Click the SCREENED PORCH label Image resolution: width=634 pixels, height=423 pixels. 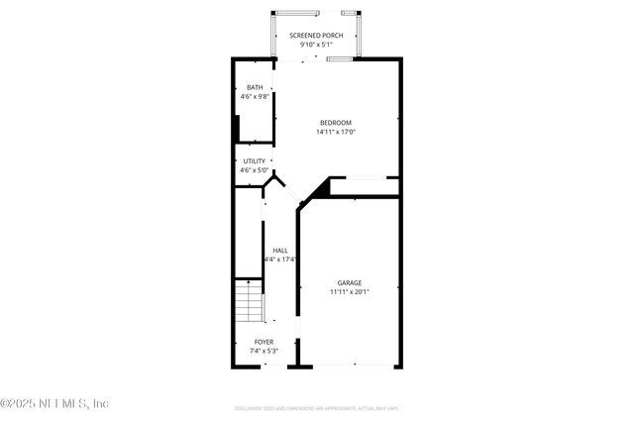coord(316,36)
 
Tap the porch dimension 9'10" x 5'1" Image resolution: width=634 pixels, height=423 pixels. coord(316,45)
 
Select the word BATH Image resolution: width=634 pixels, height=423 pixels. coord(255,87)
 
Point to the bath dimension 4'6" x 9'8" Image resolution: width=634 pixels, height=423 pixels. coord(255,97)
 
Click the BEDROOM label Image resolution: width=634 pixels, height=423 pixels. coord(335,122)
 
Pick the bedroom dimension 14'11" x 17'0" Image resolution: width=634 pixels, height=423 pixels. coord(335,132)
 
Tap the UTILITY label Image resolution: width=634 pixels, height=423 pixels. coord(255,160)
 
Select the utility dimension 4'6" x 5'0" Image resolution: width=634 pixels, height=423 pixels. coord(255,170)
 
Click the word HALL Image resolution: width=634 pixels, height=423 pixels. coord(280,250)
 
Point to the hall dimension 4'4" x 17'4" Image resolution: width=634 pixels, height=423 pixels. coord(280,260)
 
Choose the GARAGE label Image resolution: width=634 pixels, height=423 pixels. coord(350,282)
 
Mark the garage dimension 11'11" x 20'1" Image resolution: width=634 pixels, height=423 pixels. coord(350,292)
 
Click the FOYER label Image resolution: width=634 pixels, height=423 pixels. coord(264,342)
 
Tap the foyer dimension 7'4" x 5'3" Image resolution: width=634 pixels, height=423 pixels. coord(264,351)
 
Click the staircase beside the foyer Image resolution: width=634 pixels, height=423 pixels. coord(249,302)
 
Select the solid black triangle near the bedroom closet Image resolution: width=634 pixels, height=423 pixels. coord(319,189)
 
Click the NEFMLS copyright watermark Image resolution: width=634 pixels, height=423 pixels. coord(55,403)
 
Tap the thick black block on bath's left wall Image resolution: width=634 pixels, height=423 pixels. coord(236,130)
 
